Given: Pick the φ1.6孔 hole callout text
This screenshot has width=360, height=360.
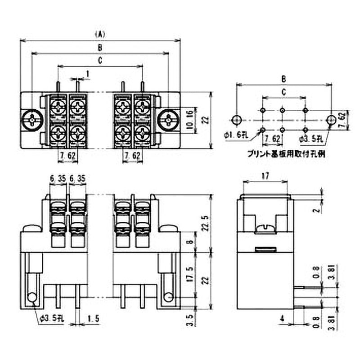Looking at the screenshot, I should coord(234,134).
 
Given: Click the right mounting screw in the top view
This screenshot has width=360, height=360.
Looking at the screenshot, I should coord(168,120).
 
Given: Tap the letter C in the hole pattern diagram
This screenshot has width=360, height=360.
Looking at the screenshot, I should coord(283,92).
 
